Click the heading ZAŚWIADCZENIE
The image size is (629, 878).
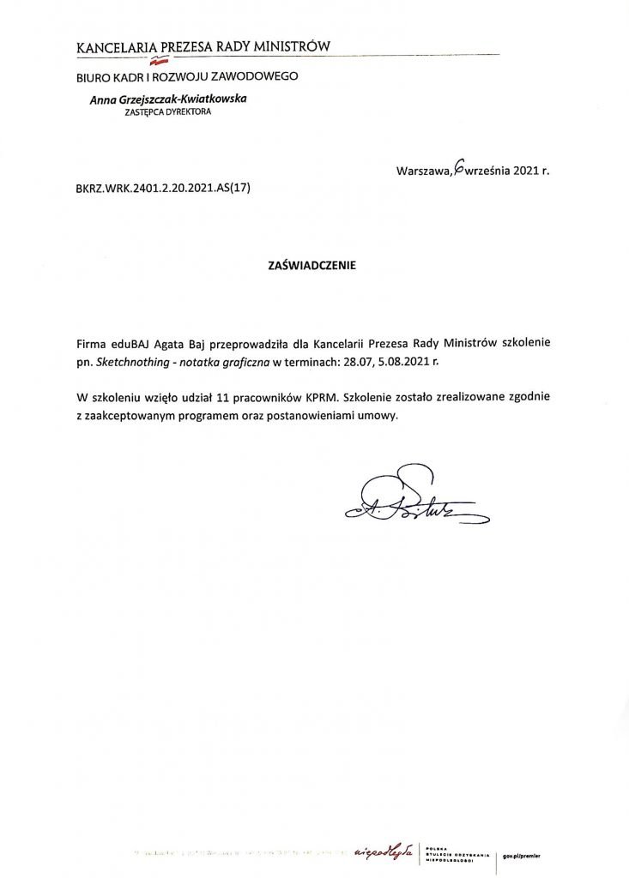[x=312, y=266]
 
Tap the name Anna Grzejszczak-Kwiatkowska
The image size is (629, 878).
[x=168, y=99]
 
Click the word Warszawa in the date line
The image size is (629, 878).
[x=423, y=171]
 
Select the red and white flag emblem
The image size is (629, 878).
[x=157, y=61]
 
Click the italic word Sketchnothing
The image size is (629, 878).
[x=134, y=363]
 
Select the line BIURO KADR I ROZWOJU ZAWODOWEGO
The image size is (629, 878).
[x=187, y=76]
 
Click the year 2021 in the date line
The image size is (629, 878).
[x=524, y=171]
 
